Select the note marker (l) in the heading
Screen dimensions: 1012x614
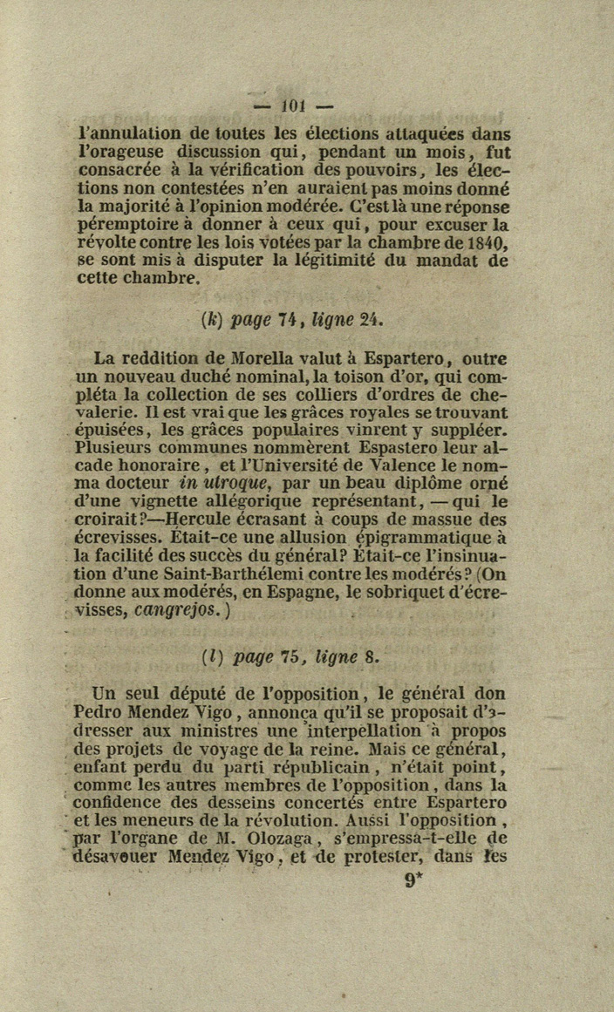tap(209, 656)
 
